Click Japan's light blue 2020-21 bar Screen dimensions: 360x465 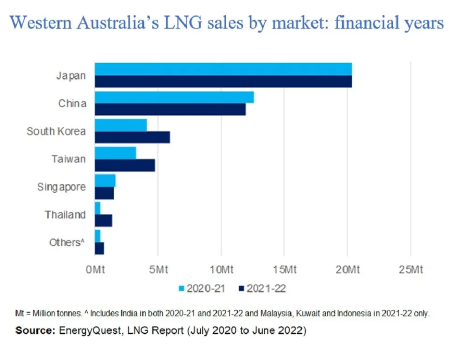[223, 69]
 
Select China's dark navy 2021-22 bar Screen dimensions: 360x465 [170, 109]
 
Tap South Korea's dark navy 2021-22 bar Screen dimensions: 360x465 [132, 137]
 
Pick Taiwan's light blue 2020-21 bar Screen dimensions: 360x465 [115, 153]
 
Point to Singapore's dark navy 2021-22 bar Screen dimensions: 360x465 [104, 193]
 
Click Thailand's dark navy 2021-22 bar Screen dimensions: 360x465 [103, 220]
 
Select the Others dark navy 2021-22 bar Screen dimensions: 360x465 [99, 248]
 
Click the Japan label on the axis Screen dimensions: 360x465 [71, 75]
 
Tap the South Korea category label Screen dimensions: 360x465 [56, 131]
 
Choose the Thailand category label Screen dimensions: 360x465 [65, 215]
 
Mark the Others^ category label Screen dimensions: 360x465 [67, 242]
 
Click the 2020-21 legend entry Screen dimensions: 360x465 [202, 288]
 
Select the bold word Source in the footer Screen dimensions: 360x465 [36, 331]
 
